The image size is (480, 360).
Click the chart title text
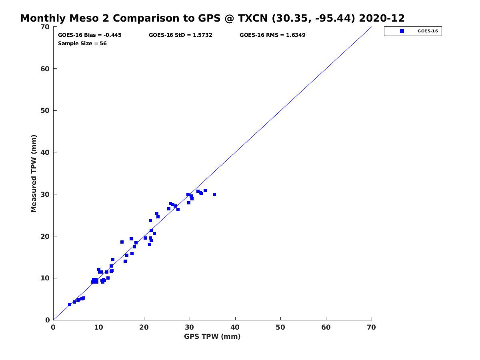point(212,18)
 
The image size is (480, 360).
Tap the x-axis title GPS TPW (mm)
point(212,336)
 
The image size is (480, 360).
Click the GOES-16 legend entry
point(413,31)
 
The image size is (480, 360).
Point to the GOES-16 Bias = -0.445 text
point(90,35)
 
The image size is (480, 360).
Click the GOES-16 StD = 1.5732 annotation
point(180,35)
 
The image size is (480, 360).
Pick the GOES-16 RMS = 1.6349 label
point(272,35)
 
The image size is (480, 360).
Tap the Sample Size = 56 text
point(82,44)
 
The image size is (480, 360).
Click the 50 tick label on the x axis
point(281,328)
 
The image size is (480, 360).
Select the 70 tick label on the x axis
point(372,328)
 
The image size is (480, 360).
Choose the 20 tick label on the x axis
point(144,328)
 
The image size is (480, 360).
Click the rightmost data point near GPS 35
point(214,194)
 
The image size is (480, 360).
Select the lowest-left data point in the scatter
point(70,304)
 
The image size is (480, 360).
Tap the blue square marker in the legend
point(402,31)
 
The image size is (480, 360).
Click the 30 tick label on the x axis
point(190,328)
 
